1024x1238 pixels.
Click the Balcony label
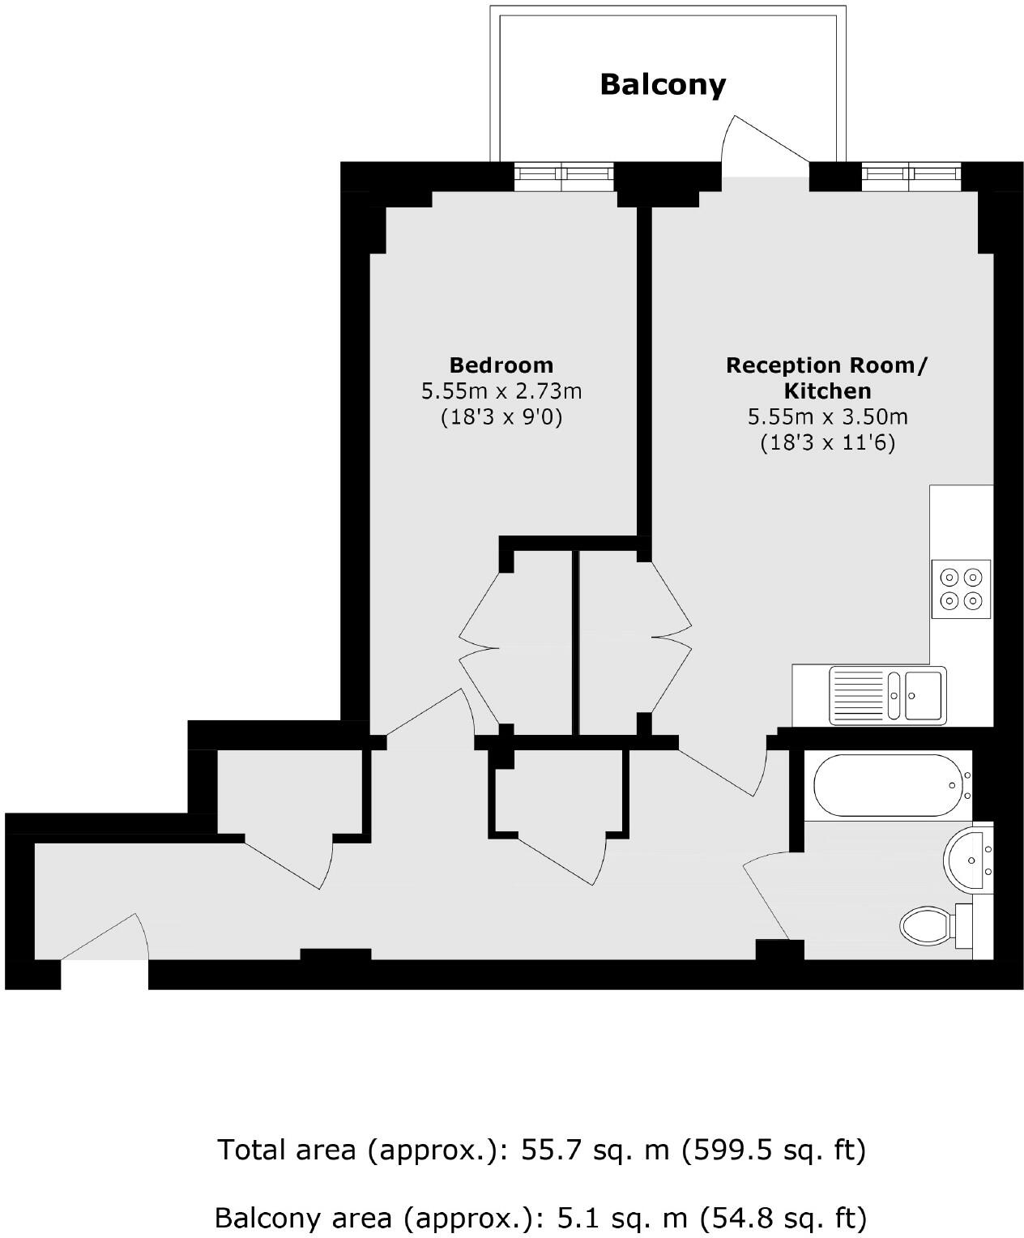click(663, 84)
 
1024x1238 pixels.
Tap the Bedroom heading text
click(501, 365)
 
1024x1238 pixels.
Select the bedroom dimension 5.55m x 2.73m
click(501, 391)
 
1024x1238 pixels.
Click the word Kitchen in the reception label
click(827, 391)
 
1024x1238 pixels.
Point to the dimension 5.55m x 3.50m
click(827, 417)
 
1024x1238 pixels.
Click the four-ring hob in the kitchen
click(961, 589)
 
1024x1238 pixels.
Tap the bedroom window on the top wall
click(564, 176)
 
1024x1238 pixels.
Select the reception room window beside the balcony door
click(911, 176)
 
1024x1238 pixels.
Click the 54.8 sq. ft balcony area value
click(783, 1217)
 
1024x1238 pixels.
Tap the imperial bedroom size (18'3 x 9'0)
click(501, 417)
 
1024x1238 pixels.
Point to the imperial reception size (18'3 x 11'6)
click(827, 443)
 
